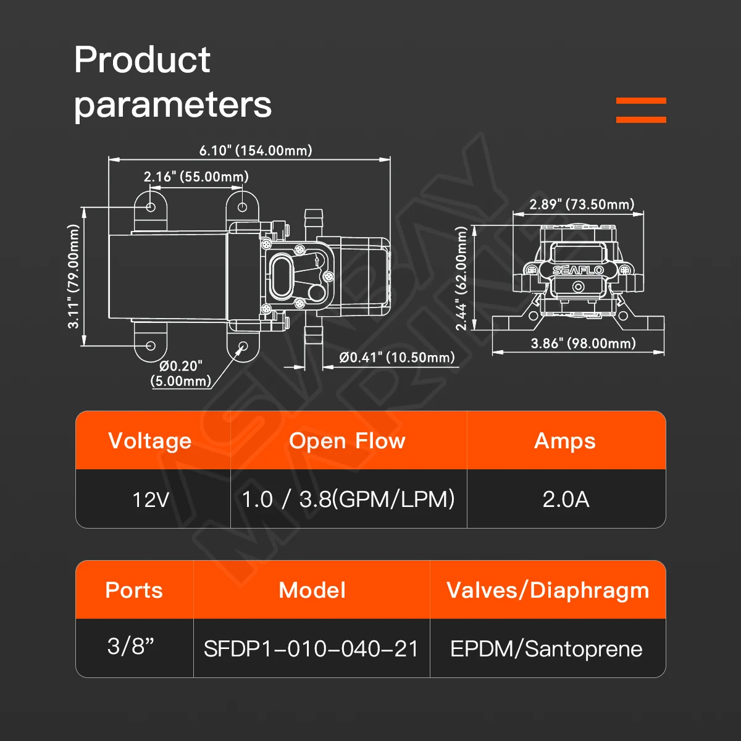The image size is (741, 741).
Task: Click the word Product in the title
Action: click(x=142, y=60)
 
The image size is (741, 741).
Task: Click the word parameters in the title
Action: click(x=173, y=105)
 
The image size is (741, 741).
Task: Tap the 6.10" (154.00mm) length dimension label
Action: click(x=256, y=150)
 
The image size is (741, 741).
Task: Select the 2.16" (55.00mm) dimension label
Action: click(x=196, y=177)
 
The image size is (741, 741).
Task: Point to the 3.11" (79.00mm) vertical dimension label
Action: click(x=73, y=277)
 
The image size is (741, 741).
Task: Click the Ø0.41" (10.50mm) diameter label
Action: click(x=397, y=358)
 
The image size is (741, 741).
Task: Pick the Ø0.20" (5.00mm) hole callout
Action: click(x=181, y=374)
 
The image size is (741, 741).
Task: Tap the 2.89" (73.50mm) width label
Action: click(x=582, y=204)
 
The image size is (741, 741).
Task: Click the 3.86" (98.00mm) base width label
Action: click(x=584, y=343)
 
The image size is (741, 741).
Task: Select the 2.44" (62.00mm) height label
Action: click(x=461, y=278)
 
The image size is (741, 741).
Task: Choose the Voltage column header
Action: click(x=150, y=441)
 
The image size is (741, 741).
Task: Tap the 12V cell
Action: click(x=151, y=500)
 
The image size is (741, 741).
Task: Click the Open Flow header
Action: click(x=347, y=441)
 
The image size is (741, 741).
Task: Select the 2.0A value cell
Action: click(x=566, y=500)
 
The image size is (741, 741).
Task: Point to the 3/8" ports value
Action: click(x=131, y=646)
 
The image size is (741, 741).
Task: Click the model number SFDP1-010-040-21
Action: click(x=311, y=649)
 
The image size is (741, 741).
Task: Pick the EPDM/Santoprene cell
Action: click(x=546, y=649)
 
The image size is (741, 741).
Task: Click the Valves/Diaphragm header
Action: click(x=548, y=591)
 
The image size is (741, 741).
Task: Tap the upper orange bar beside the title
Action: click(x=641, y=101)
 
